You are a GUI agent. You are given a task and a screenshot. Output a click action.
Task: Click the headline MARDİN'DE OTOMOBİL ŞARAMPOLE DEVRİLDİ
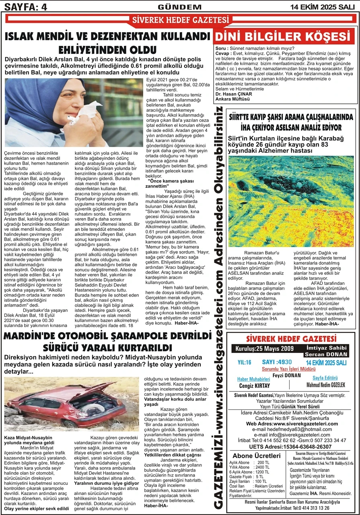pyautogui.click(x=108, y=336)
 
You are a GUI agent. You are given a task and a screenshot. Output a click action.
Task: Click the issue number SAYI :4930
pyautogui.click(x=278, y=362)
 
